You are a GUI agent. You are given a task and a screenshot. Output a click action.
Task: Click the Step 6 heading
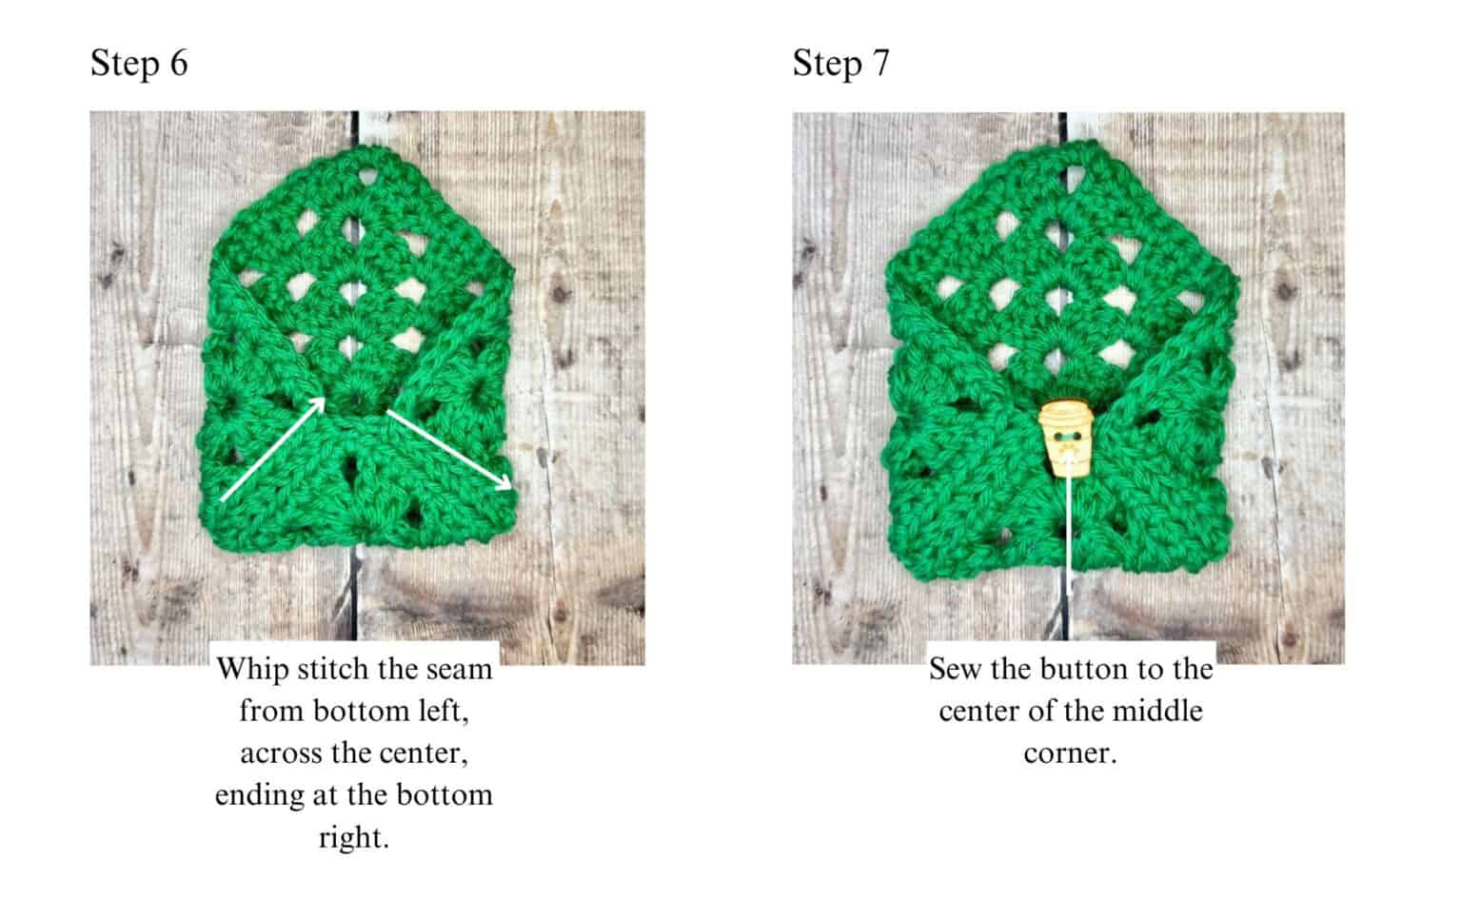(x=139, y=64)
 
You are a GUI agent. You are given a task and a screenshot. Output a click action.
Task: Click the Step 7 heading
(x=840, y=64)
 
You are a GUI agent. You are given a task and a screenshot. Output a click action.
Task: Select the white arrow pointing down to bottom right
(x=449, y=449)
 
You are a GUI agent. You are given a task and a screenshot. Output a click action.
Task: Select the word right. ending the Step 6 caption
(x=354, y=838)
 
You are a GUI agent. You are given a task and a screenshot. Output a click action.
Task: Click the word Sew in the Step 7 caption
(x=955, y=670)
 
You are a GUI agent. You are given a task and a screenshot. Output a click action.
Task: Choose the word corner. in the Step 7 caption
(x=1070, y=753)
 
